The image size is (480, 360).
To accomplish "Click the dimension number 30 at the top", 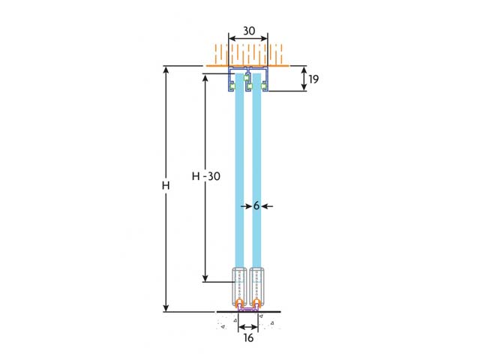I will [248, 32].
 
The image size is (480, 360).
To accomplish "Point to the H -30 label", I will [206, 176].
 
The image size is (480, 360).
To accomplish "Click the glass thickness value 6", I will [256, 205].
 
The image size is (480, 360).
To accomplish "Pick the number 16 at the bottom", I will [248, 338].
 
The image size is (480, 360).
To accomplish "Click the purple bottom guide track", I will [248, 309].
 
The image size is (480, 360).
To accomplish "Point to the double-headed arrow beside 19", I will [304, 79].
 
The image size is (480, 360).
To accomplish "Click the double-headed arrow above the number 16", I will [248, 326].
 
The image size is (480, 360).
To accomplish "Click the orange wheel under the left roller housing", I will [239, 303].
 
